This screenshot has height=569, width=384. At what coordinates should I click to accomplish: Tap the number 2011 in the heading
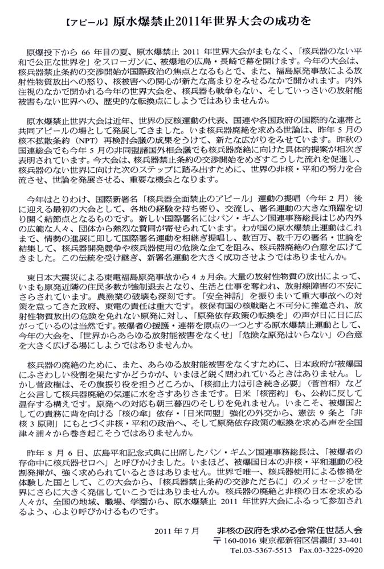pos(192,21)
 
